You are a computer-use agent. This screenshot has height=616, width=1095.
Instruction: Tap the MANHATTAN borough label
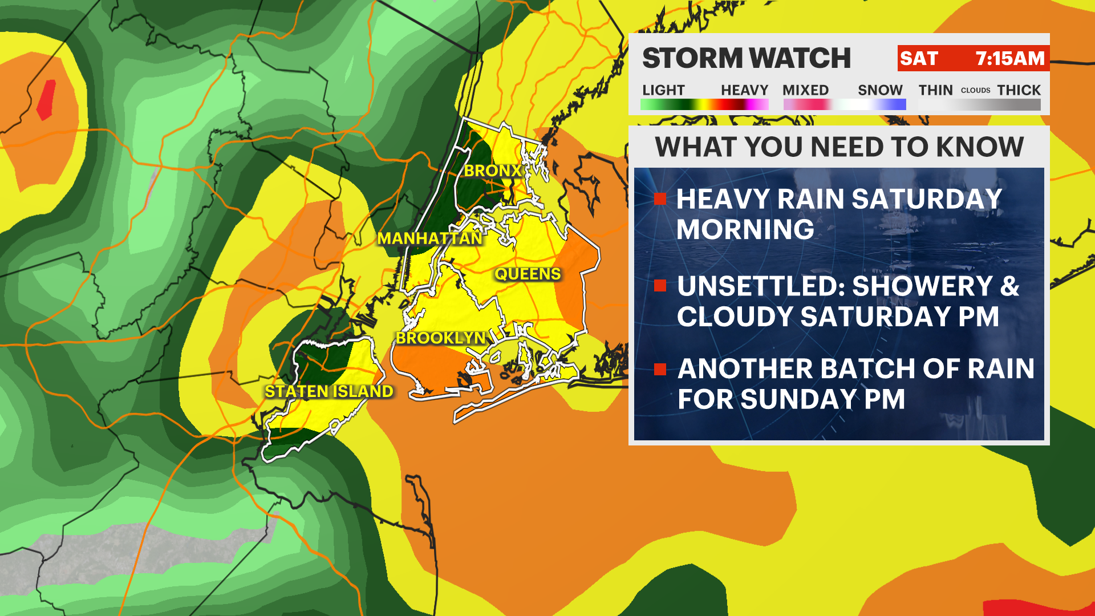coord(429,238)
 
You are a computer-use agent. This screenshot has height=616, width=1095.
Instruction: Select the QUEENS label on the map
coord(528,274)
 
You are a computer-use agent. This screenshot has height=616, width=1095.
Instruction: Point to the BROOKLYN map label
coord(441,338)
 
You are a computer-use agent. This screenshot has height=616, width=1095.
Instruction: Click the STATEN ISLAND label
coord(329,391)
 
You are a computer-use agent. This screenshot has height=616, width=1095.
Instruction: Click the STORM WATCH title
coord(747,58)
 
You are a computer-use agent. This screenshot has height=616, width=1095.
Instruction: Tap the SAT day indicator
coord(919,59)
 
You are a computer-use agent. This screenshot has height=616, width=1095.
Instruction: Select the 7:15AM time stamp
coord(1009,59)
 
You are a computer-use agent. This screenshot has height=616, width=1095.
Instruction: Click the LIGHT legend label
coord(663,90)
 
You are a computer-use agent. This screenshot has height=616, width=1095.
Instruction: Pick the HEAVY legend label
coord(744,90)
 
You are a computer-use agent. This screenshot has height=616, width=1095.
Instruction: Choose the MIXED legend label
coord(805,90)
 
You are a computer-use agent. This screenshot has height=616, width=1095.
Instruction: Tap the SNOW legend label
coord(880,90)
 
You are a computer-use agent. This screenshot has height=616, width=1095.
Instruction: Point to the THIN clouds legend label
coord(935,90)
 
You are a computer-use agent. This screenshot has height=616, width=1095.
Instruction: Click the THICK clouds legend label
coord(1019,90)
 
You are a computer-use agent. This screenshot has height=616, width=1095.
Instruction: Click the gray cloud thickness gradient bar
coord(979,105)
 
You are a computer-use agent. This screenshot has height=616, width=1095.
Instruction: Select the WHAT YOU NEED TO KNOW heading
coord(839,147)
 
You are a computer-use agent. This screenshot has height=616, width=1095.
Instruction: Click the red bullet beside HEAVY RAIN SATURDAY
coord(660,199)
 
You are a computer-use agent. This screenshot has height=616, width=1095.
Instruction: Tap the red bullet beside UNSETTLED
coord(660,286)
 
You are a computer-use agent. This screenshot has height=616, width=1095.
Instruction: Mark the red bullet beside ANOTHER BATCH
coord(660,370)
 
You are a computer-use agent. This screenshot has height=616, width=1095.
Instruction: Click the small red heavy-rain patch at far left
coord(46,99)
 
